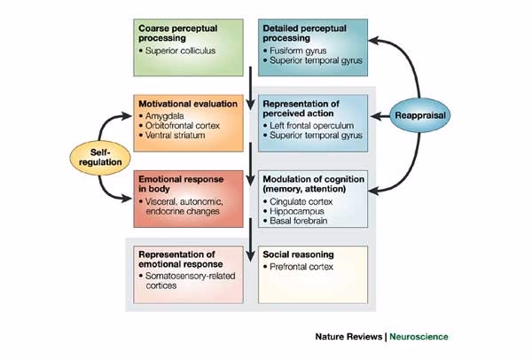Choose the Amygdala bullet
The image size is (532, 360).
[165, 117]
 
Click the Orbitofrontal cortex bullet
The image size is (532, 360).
[183, 128]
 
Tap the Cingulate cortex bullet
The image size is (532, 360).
[301, 203]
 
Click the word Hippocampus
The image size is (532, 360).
[299, 214]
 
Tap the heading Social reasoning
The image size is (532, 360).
[298, 254]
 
